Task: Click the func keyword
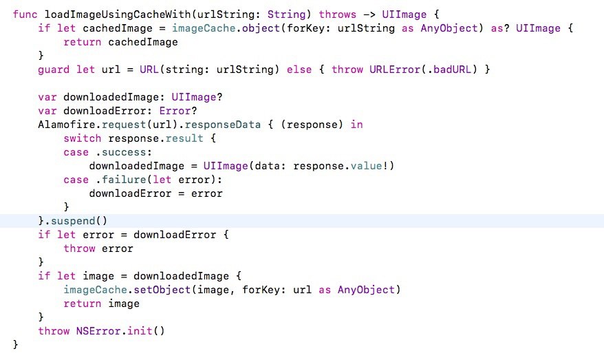pos(25,14)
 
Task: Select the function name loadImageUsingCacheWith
pos(118,14)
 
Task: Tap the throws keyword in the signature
pos(338,14)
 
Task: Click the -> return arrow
pos(369,14)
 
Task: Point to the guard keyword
pos(54,70)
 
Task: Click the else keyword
pos(299,70)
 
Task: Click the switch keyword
pos(83,138)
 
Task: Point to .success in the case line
pos(120,152)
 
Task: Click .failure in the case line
pos(120,180)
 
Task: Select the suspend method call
pos(73,221)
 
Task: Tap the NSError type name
pos(98,331)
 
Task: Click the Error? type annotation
pos(178,111)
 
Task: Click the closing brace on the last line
pos(15,344)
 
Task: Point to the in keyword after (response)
pos(357,125)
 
